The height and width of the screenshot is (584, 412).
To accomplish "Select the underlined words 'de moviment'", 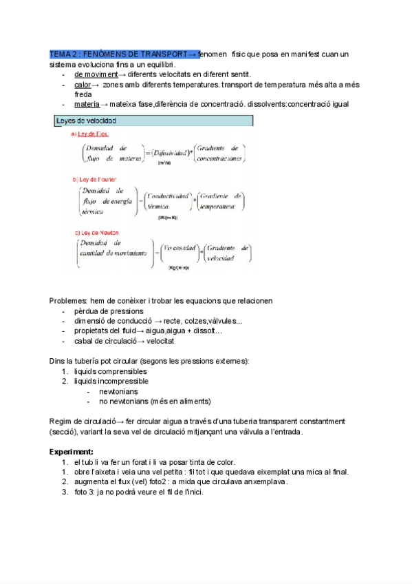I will [x=96, y=74].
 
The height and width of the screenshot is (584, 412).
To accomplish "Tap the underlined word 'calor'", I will [x=83, y=85].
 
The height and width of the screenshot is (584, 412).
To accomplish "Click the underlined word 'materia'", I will [x=87, y=104].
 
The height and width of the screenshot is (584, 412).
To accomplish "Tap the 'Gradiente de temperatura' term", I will [x=220, y=201].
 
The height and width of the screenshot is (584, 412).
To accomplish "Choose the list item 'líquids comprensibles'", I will [x=110, y=371].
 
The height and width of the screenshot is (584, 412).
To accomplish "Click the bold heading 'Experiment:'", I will [x=71, y=452].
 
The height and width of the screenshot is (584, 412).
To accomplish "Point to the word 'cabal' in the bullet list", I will [x=84, y=341].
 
